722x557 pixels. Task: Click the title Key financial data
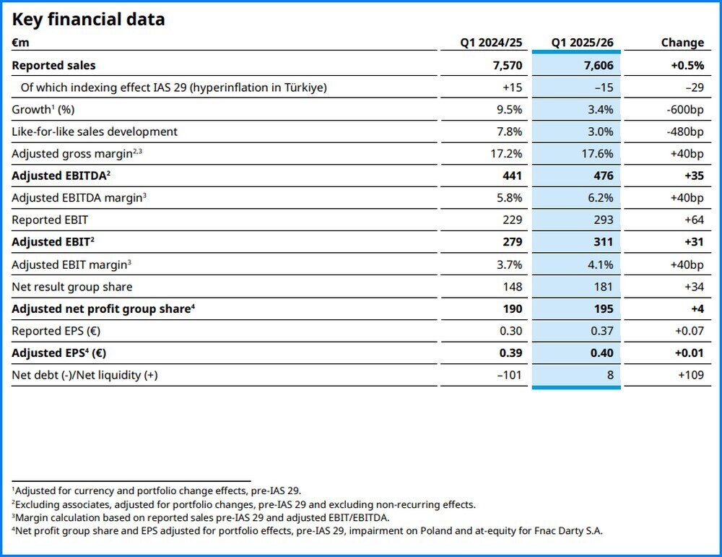[x=88, y=20]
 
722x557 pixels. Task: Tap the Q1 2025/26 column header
[x=582, y=43]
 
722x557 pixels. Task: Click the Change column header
[x=682, y=43]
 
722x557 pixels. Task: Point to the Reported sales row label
[x=53, y=65]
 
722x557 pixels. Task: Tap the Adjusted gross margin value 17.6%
[x=597, y=154]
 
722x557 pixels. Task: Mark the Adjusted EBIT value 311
[x=602, y=242]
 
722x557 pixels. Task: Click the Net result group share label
[x=72, y=287]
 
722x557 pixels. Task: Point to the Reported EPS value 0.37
[x=601, y=331]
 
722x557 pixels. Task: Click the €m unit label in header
[x=20, y=43]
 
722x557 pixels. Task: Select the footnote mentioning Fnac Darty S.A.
[x=307, y=531]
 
